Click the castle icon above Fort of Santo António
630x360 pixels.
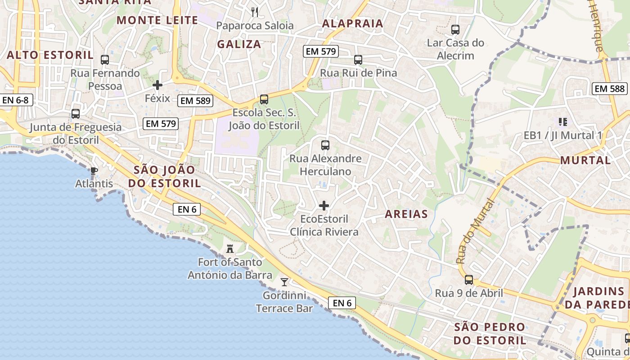click(x=230, y=248)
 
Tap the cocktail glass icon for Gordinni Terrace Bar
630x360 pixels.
click(x=284, y=282)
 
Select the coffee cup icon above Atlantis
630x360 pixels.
click(x=94, y=171)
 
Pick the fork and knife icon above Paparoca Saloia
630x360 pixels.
click(x=255, y=12)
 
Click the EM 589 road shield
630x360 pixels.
click(x=195, y=101)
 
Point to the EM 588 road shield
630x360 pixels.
click(x=610, y=89)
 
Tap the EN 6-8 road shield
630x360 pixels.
click(x=16, y=100)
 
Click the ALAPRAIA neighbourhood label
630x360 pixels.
click(x=353, y=23)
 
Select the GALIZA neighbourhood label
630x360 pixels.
click(x=239, y=44)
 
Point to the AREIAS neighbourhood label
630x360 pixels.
click(x=406, y=214)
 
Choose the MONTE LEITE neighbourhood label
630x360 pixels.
click(x=157, y=20)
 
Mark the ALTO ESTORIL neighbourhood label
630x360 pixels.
click(x=50, y=55)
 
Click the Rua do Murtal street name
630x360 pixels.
click(x=475, y=231)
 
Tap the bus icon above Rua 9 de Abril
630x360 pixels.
click(x=469, y=280)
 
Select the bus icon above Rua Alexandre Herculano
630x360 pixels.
click(x=325, y=145)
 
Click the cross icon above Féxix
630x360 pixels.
click(x=157, y=85)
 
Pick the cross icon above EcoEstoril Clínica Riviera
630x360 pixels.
click(x=324, y=206)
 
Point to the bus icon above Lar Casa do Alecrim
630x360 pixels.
click(x=455, y=30)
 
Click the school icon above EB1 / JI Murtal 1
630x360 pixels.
click(x=562, y=121)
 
